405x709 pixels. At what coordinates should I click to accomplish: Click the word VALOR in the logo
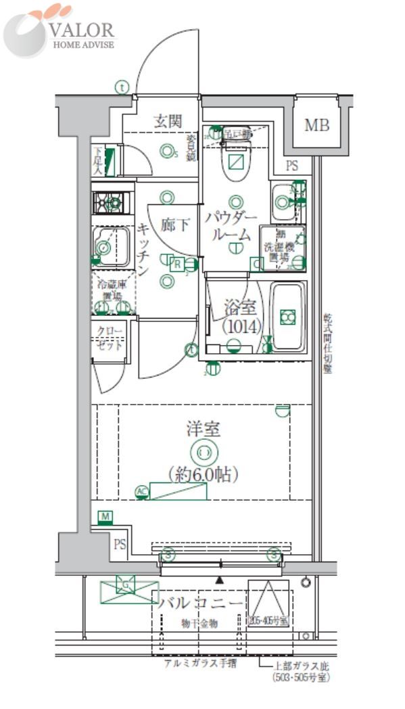[82, 30]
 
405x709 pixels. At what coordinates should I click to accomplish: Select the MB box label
[314, 125]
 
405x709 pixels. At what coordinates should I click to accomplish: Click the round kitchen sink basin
[105, 247]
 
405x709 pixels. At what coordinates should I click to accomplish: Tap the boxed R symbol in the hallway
[176, 264]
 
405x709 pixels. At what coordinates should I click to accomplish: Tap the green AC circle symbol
[141, 492]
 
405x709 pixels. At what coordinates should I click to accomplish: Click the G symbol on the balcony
[126, 584]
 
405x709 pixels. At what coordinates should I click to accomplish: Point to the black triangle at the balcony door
[218, 580]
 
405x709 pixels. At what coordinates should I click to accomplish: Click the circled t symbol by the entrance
[121, 87]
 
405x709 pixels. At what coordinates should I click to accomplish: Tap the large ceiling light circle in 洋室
[204, 452]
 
